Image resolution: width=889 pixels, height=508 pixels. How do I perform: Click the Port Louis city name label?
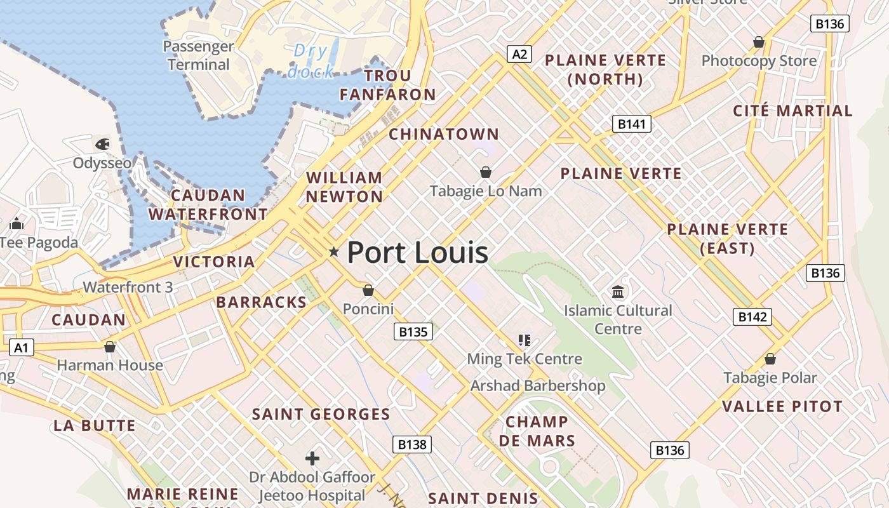[417, 252]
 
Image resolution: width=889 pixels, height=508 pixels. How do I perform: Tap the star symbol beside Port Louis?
[334, 252]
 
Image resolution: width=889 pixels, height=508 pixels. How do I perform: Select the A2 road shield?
[519, 54]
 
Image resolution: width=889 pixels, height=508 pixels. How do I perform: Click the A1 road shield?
[22, 347]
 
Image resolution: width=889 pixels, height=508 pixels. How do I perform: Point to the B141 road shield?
[632, 124]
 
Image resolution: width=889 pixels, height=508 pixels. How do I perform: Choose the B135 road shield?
[413, 331]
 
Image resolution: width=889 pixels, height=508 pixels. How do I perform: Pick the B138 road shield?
[412, 444]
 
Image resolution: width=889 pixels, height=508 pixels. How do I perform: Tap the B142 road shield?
[752, 317]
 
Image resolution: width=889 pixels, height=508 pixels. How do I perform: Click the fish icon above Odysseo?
[103, 144]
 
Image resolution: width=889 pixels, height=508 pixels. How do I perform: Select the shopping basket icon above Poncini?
[368, 290]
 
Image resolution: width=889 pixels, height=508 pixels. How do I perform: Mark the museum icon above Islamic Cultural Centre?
[618, 292]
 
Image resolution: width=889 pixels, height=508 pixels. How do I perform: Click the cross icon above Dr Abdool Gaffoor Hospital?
[312, 458]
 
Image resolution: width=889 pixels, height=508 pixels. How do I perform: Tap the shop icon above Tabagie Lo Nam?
[486, 172]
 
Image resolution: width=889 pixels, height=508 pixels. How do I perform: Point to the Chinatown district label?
[444, 134]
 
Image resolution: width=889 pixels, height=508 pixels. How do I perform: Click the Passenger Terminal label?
[199, 55]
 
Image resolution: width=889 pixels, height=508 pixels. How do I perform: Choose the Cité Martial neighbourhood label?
[792, 110]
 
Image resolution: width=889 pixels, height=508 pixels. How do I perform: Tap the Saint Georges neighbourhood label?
[321, 415]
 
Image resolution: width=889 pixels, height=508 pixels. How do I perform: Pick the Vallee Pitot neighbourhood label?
[782, 406]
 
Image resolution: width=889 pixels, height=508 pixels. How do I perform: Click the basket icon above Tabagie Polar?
[770, 359]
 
